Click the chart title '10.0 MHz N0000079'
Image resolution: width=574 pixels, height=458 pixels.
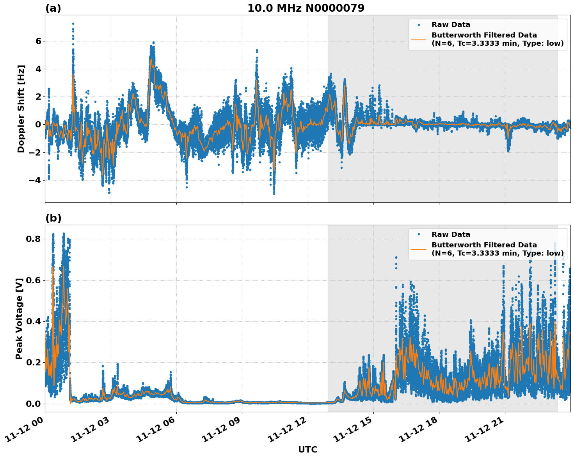point(306,8)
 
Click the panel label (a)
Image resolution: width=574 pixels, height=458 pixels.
point(53,9)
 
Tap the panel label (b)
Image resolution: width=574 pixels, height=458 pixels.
point(53,218)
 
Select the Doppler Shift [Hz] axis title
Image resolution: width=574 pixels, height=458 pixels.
point(21,109)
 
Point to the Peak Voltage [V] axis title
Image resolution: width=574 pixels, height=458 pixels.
point(19,318)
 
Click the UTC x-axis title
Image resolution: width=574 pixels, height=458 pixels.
point(307,449)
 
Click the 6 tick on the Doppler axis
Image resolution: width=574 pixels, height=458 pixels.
point(38,41)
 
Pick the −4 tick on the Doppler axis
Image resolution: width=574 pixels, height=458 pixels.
point(36,181)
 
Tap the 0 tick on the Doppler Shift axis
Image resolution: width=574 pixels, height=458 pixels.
point(38,125)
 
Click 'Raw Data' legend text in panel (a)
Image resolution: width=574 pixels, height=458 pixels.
point(451,25)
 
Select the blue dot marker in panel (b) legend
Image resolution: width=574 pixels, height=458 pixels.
point(419,234)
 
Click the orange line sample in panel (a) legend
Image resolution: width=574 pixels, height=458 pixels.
point(419,39)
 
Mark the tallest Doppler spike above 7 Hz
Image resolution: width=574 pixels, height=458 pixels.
point(73,24)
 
